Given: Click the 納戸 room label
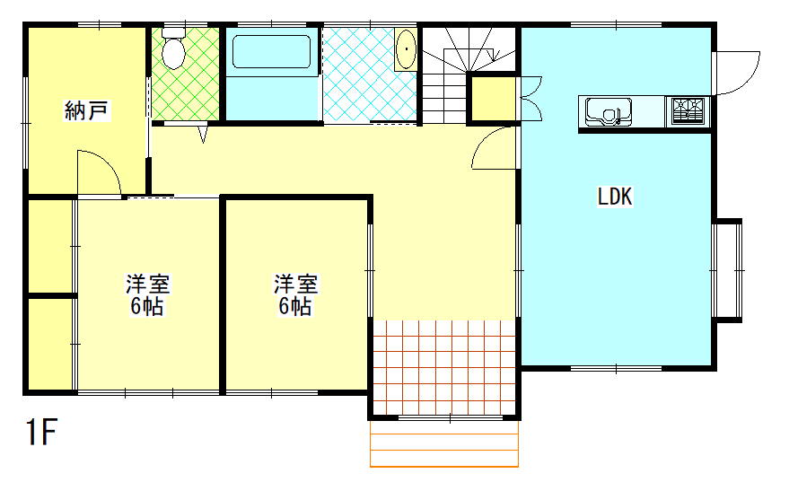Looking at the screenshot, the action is [86, 110].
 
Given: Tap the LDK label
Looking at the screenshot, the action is [614, 197].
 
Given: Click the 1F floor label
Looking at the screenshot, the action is [41, 432].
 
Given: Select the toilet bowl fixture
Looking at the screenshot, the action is [173, 48].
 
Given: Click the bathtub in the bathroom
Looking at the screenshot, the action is [271, 52].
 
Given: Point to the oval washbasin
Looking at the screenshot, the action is [406, 48].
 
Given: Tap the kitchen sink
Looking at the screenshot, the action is [609, 111].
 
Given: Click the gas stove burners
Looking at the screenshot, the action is [688, 110].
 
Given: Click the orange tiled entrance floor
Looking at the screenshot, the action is [444, 367].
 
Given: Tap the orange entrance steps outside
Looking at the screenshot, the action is [444, 443].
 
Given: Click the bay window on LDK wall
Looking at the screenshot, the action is [728, 271].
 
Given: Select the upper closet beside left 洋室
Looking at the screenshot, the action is [50, 246].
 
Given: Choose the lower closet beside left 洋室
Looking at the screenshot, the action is [50, 344].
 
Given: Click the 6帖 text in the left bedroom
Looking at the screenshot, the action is [147, 306].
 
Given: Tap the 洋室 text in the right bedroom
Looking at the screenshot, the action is [296, 285].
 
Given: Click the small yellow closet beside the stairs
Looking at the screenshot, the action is [493, 99].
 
